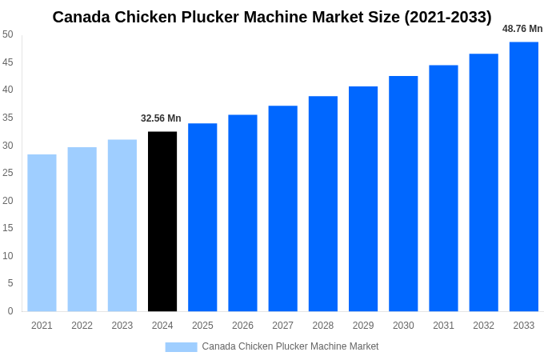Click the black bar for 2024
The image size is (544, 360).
click(x=162, y=222)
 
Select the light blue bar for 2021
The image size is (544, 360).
click(x=42, y=233)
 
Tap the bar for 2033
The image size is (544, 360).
click(x=523, y=176)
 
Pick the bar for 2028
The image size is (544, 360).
click(x=322, y=203)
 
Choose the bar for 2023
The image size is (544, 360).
click(x=122, y=226)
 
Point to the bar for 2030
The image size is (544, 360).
click(x=403, y=194)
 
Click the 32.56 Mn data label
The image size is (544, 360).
click(x=161, y=118)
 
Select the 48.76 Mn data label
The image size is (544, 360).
click(x=522, y=29)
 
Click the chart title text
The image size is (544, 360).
click(x=272, y=17)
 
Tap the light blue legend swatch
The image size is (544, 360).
click(x=181, y=346)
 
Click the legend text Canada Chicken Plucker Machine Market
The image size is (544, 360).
click(x=290, y=346)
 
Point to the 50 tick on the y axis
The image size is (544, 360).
click(x=8, y=34)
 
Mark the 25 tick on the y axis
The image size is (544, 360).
click(x=8, y=173)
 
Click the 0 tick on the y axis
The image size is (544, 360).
click(x=10, y=311)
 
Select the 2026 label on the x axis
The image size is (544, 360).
click(x=242, y=326)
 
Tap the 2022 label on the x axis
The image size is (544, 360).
click(x=82, y=326)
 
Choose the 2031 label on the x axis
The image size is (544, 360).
click(x=443, y=326)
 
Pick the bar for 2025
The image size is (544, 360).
click(x=202, y=217)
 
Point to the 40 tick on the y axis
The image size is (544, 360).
click(x=8, y=90)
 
